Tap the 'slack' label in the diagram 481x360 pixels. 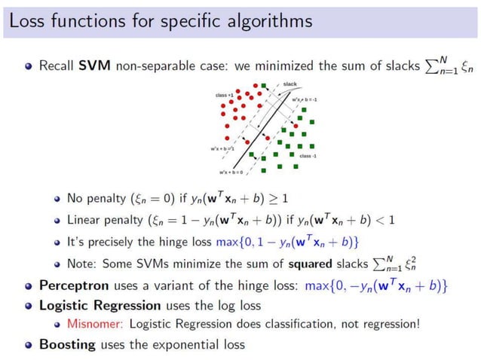tap(290, 84)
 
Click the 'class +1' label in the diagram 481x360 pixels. tap(225, 96)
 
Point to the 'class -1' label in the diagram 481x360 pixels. tap(308, 156)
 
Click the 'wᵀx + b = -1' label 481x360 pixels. tap(304, 100)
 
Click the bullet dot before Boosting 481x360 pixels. tap(28, 344)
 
